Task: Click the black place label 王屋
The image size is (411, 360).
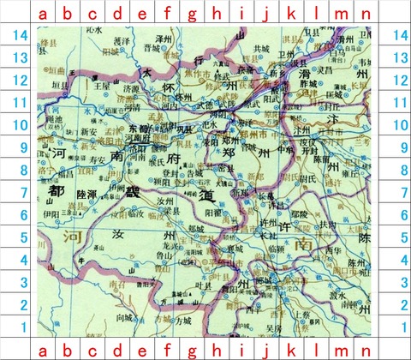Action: pos(104,86)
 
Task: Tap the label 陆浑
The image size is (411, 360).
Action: pos(86,195)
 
